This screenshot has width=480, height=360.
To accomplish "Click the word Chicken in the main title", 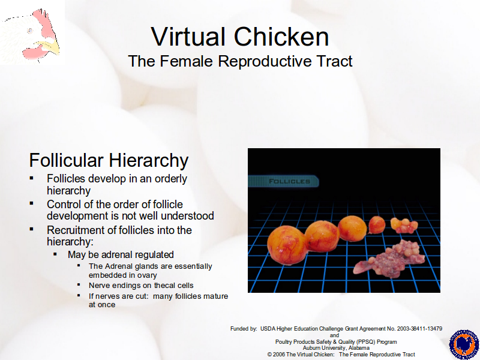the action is point(281,37).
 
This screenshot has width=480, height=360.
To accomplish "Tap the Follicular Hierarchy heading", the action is point(109,160).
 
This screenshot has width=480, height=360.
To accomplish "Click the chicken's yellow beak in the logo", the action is point(50,47).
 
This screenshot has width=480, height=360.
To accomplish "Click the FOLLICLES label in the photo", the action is point(289,181).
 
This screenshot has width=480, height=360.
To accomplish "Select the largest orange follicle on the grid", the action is point(287,245).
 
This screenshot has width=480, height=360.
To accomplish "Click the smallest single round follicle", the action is point(377,224).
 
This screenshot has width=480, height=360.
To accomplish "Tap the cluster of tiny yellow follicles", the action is point(404,226).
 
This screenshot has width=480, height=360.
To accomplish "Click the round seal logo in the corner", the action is point(464,344).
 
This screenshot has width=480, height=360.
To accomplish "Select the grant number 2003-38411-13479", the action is point(419,329).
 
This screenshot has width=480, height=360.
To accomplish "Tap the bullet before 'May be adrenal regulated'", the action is point(55,254).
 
